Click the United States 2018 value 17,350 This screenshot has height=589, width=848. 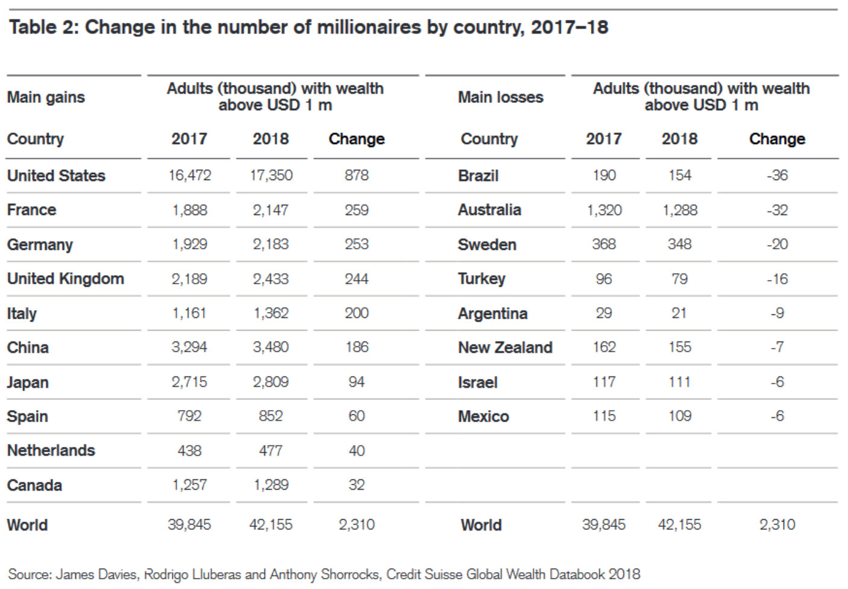pyautogui.click(x=271, y=175)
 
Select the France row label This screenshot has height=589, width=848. pyautogui.click(x=31, y=210)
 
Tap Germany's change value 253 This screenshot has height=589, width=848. pyautogui.click(x=357, y=244)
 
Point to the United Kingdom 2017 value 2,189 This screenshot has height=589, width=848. pyautogui.click(x=189, y=279)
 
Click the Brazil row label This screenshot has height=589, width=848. pyautogui.click(x=478, y=176)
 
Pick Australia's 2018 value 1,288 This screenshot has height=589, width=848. pyautogui.click(x=679, y=210)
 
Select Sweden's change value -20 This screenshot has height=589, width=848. pyautogui.click(x=777, y=244)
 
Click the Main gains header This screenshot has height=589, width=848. pyautogui.click(x=46, y=97)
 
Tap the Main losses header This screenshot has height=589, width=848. pyautogui.click(x=500, y=97)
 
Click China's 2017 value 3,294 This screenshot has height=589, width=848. pyautogui.click(x=189, y=347)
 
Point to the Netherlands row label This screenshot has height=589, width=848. pyautogui.click(x=51, y=450)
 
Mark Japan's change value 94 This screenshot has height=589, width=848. pyautogui.click(x=357, y=382)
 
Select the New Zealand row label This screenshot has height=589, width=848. pyautogui.click(x=505, y=347)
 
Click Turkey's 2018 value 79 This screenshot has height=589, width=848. pyautogui.click(x=679, y=279)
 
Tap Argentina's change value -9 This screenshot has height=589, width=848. pyautogui.click(x=777, y=313)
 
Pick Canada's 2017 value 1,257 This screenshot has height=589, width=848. pyautogui.click(x=189, y=485)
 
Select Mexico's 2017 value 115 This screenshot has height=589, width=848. pyautogui.click(x=603, y=416)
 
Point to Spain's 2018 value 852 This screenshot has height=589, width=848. pyautogui.click(x=271, y=416)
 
